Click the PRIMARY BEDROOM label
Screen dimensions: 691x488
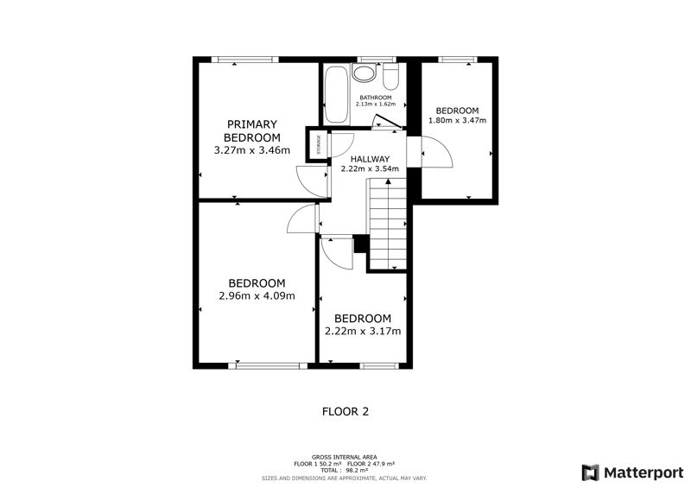(x=252, y=130)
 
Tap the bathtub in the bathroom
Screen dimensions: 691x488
(x=337, y=95)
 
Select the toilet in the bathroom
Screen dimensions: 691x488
(x=391, y=77)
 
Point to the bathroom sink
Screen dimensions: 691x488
(x=364, y=73)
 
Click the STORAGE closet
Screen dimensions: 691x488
(x=318, y=144)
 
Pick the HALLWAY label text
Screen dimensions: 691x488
(x=371, y=159)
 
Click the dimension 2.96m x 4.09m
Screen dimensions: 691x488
(x=257, y=295)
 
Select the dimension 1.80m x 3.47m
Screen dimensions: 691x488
(x=458, y=120)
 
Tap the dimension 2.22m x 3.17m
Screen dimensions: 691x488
(x=363, y=331)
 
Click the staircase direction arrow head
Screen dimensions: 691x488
(x=388, y=181)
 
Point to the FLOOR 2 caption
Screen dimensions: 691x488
(x=345, y=412)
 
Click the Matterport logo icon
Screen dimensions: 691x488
(x=591, y=472)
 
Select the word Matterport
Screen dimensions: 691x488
(x=643, y=473)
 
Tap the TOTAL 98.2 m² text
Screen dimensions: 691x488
(x=344, y=471)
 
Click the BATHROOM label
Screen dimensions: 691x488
(x=376, y=98)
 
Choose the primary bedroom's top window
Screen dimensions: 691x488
(x=244, y=60)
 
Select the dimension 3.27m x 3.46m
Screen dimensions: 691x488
(x=252, y=150)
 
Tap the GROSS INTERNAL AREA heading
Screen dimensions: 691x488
(x=344, y=458)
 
